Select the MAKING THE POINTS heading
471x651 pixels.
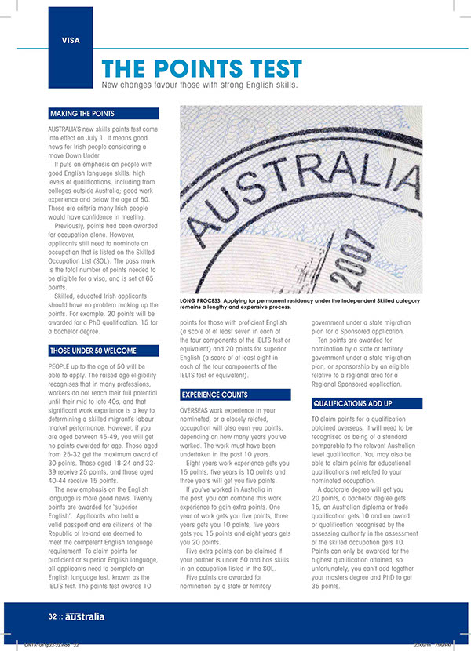point(82,114)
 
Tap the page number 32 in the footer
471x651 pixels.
point(51,616)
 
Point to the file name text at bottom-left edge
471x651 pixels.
point(52,646)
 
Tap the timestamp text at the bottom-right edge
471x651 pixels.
point(431,646)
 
